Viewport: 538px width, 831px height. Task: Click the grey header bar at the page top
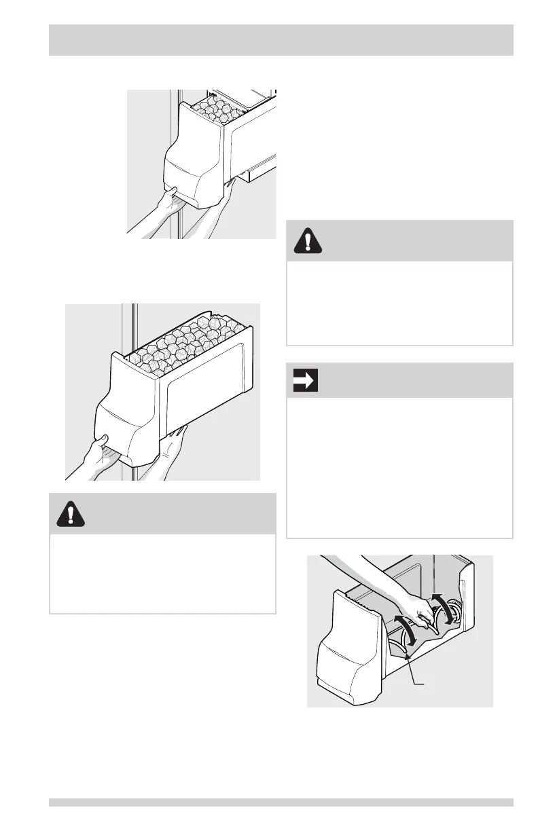click(x=281, y=40)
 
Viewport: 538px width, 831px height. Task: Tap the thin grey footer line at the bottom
click(x=281, y=802)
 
